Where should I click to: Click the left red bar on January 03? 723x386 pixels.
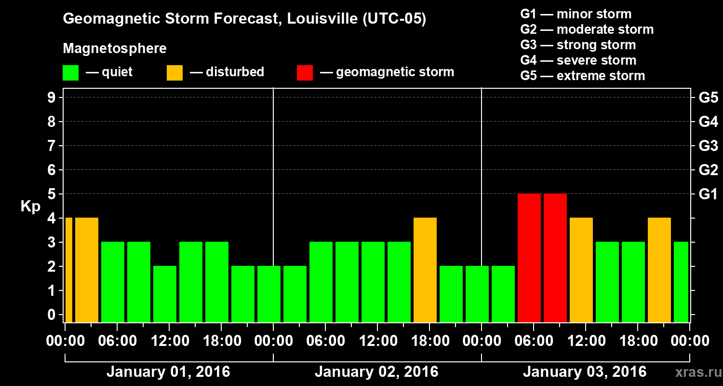529,258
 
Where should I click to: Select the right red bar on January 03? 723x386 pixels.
555,258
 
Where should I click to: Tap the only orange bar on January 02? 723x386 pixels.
425,270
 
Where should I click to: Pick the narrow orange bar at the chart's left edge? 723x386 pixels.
68,270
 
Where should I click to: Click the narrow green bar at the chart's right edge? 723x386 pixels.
681,282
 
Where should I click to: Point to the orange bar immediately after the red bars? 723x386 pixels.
581,270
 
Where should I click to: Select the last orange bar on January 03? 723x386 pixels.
659,270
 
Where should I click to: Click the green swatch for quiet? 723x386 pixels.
70,73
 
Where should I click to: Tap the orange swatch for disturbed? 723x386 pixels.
174,73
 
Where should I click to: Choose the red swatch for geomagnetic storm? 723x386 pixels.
305,73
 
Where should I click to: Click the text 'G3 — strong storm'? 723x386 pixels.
578,45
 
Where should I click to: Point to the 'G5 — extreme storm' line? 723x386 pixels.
582,76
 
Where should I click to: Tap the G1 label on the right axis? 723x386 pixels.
708,194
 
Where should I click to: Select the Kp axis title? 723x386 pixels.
30,207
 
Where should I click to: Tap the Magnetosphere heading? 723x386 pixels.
115,49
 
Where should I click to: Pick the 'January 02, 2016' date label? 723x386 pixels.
376,372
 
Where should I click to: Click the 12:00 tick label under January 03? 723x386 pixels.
585,341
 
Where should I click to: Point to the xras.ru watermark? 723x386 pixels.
695,372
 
